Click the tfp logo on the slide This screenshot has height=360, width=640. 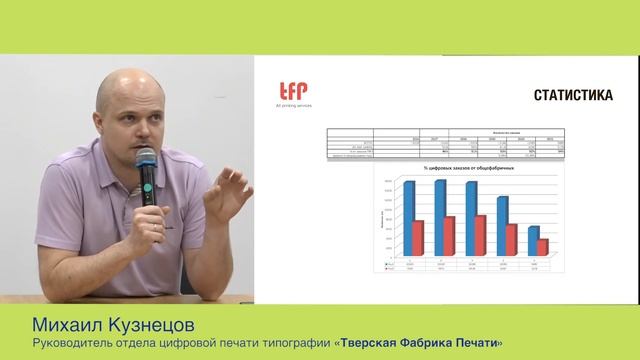pos(293,90)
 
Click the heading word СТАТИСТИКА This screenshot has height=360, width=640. pos(572,96)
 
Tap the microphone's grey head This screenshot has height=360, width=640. pos(146,157)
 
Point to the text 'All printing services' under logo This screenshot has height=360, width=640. pos(293,105)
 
